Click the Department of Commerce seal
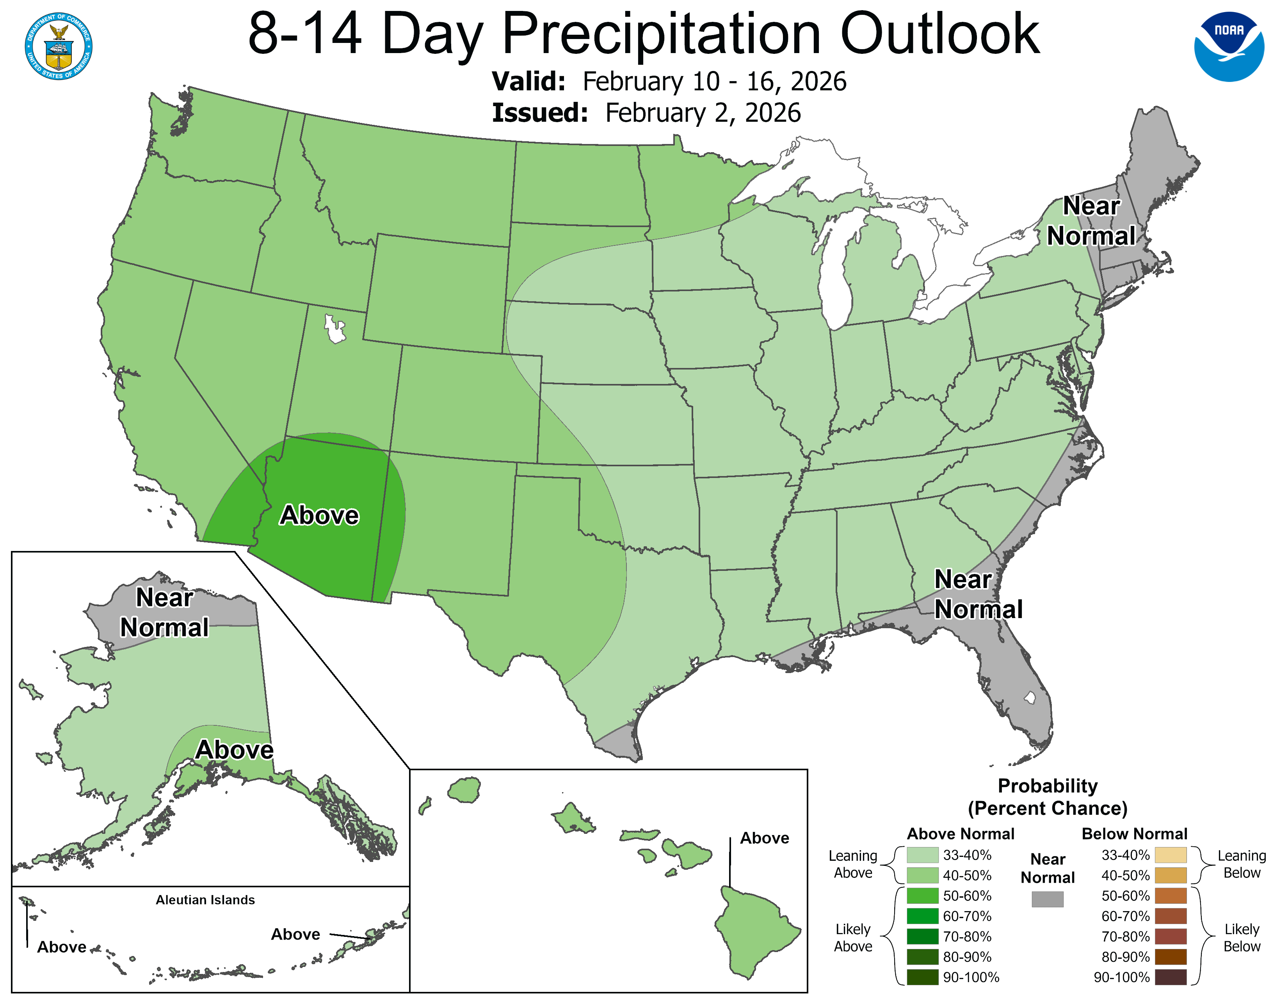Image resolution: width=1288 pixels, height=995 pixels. [x=59, y=46]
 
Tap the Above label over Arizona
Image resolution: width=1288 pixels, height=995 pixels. [x=319, y=515]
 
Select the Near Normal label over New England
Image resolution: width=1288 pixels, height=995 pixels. [x=1091, y=221]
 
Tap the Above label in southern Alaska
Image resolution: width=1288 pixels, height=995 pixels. [x=234, y=750]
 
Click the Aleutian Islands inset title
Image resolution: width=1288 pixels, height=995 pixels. [x=205, y=899]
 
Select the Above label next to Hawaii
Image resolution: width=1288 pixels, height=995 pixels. [x=764, y=838]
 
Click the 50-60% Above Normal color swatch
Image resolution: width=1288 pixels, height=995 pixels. [x=922, y=896]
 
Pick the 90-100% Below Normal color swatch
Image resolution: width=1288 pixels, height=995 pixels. [x=1170, y=977]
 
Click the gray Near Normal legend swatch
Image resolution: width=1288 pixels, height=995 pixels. [x=1048, y=899]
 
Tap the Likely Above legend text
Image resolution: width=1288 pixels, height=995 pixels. [x=853, y=937]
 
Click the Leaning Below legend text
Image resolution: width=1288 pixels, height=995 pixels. [x=1242, y=864]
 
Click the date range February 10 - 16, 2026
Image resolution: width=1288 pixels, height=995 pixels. [x=714, y=81]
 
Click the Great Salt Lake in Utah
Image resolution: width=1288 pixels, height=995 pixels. [x=334, y=329]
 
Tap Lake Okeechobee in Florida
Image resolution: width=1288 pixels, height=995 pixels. [x=1030, y=698]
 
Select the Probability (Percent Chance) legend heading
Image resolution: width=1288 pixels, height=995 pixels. [x=1048, y=797]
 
